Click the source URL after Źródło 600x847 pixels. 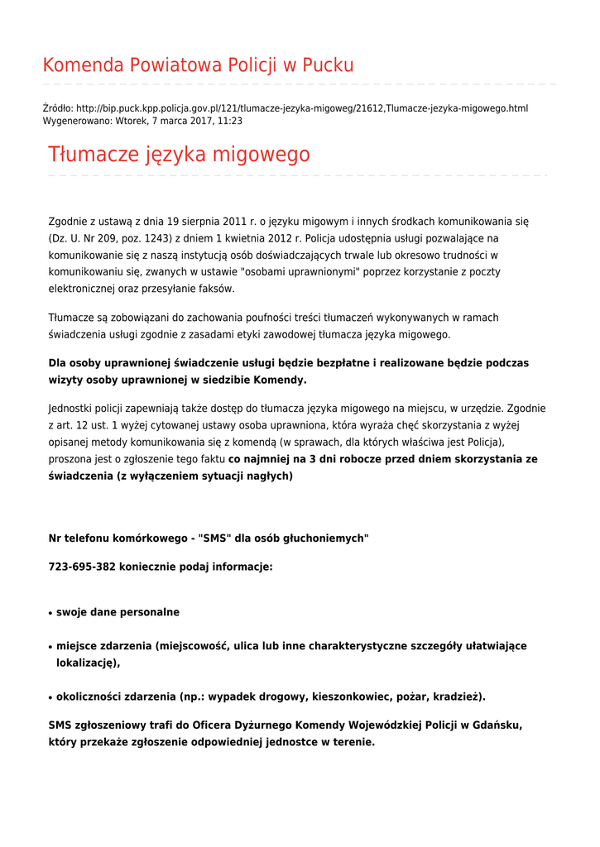pos(302,108)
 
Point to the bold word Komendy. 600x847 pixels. pos(284,380)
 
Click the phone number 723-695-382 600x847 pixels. pos(82,567)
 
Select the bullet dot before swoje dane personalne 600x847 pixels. pos(51,614)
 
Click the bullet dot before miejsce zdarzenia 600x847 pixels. pos(51,648)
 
